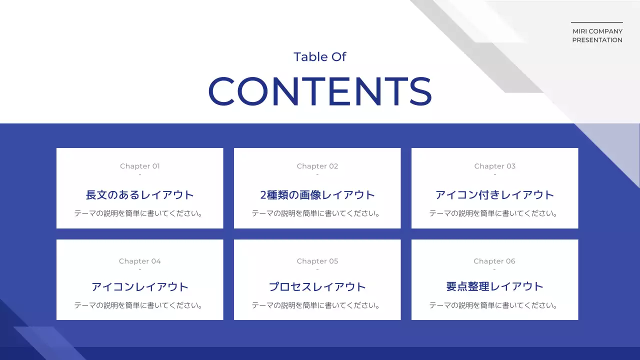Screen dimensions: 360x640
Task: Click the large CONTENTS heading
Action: click(x=320, y=91)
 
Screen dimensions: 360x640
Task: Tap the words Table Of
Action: click(x=320, y=57)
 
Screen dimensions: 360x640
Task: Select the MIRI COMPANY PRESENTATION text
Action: click(x=597, y=35)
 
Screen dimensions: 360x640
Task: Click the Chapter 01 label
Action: click(x=140, y=166)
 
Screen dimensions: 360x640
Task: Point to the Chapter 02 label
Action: click(x=317, y=166)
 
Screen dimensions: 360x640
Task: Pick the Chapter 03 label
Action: click(x=495, y=166)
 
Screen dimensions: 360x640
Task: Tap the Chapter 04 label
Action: click(x=140, y=261)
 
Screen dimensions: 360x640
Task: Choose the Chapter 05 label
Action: click(x=317, y=261)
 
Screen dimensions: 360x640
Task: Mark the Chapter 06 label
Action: click(x=494, y=261)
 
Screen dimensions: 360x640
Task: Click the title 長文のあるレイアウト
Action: click(x=140, y=194)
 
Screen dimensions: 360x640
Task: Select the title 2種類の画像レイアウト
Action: click(x=317, y=194)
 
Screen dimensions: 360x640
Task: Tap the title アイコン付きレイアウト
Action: click(x=495, y=194)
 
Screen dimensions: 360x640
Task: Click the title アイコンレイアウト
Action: click(x=140, y=286)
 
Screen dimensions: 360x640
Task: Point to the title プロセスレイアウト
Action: click(x=317, y=286)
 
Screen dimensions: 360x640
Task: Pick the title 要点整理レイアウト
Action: click(x=495, y=286)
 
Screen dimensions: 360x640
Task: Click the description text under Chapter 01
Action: click(x=140, y=213)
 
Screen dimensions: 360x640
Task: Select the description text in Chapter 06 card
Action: click(x=495, y=305)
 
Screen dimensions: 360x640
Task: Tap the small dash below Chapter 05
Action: click(x=317, y=269)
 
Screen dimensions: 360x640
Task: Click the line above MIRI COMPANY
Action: click(x=597, y=22)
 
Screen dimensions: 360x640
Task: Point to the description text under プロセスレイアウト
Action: click(x=317, y=305)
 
